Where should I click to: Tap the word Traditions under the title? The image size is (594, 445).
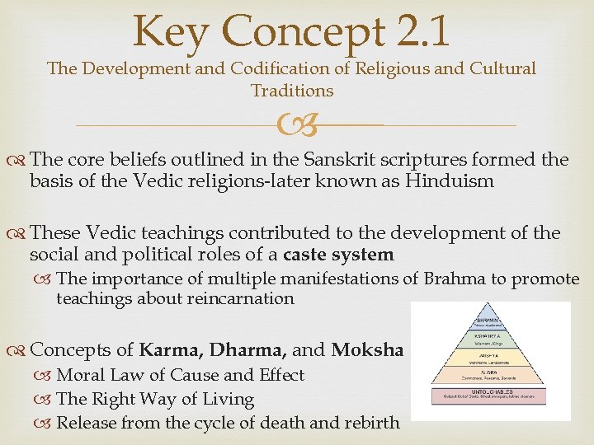coord(292,91)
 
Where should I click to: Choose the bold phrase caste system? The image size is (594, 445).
coord(338,255)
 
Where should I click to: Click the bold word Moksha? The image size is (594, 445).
coord(367,349)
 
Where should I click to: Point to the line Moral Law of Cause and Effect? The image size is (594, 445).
coord(180,375)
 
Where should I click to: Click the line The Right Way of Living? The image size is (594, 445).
coord(155,400)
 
